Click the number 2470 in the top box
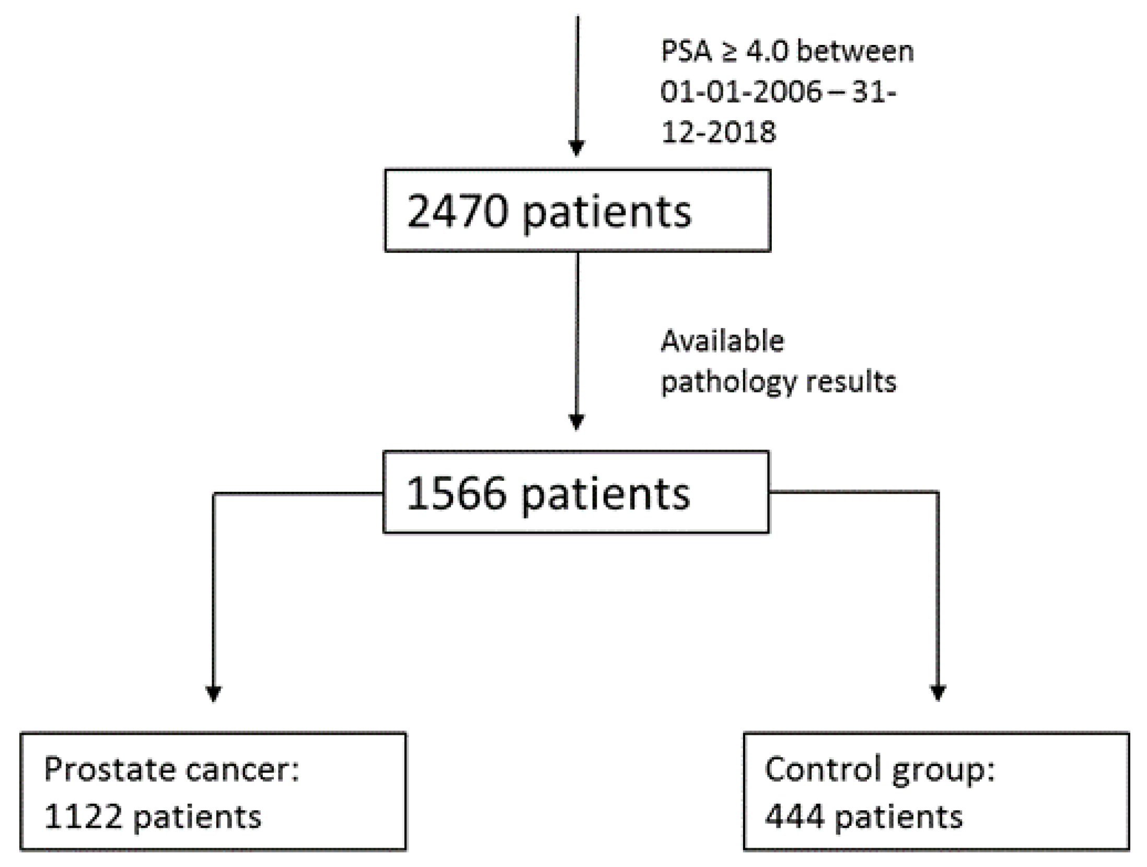click(x=457, y=211)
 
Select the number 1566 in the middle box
click(x=456, y=493)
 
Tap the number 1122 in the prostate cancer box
click(x=84, y=816)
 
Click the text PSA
click(x=687, y=52)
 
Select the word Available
click(x=723, y=341)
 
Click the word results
click(x=851, y=382)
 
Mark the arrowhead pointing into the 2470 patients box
click(x=576, y=148)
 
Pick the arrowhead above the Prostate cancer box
click(x=213, y=693)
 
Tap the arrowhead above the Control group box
click(x=938, y=693)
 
